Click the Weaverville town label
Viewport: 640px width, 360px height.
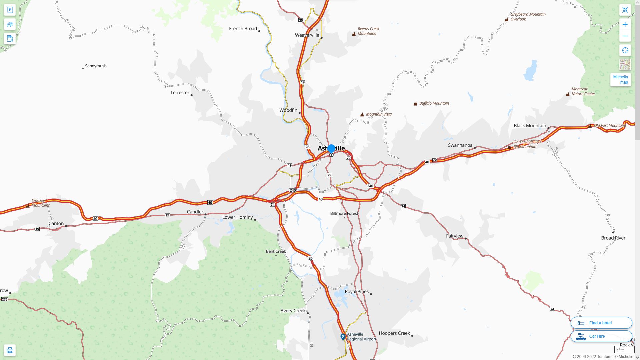point(307,35)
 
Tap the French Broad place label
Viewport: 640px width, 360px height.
point(243,29)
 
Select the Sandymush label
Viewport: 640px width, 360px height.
point(96,66)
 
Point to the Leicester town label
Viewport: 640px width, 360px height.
point(180,93)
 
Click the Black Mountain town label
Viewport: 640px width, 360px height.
point(530,126)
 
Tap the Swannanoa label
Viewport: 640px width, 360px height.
point(460,145)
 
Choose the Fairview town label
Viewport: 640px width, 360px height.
point(455,236)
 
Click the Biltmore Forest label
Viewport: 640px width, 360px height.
point(344,213)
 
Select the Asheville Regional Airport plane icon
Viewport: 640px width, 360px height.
point(343,337)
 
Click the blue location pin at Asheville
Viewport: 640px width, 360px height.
point(331,149)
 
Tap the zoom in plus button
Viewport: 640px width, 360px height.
point(625,24)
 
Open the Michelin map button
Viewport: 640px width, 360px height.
point(620,80)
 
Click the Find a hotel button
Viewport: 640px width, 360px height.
point(601,323)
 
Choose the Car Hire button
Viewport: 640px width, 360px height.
point(601,336)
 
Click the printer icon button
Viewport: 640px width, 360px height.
point(10,350)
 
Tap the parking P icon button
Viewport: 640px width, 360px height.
point(10,10)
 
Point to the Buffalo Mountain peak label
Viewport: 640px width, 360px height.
point(434,103)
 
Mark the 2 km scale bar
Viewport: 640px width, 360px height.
point(624,350)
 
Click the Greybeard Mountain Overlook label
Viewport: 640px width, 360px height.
point(528,17)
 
